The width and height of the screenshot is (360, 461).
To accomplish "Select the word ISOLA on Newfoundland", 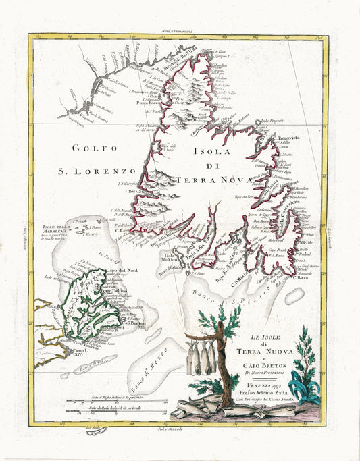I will (x=204, y=153).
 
